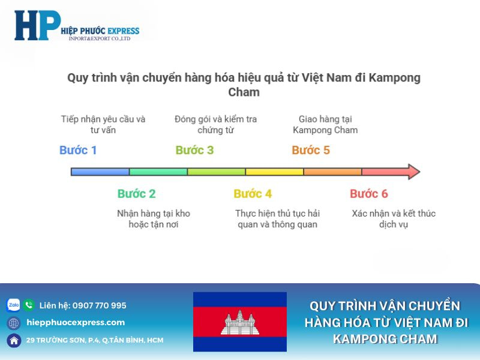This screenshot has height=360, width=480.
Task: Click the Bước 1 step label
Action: point(78,150)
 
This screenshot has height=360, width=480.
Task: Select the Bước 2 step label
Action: point(136,194)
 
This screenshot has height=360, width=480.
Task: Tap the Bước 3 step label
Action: point(194,150)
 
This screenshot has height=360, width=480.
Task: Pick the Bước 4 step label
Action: point(253,194)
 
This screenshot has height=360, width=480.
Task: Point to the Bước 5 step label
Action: point(311,150)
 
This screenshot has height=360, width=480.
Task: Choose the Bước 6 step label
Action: point(369,194)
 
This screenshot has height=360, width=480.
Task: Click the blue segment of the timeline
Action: point(100,172)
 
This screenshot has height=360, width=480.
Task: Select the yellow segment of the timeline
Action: point(274,172)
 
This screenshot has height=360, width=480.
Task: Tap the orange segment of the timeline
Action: point(332,172)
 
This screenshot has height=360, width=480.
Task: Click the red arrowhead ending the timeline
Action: point(413,172)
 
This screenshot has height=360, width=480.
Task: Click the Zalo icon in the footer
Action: point(13,305)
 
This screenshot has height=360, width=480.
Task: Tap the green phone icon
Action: point(29,305)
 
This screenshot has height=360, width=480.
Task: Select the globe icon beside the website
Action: point(13,323)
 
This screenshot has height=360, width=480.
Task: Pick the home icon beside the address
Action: point(13,340)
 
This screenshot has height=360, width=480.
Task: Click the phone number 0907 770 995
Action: point(100,305)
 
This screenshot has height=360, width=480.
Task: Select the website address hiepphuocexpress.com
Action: point(76,323)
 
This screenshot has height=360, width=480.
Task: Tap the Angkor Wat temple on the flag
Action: point(240,322)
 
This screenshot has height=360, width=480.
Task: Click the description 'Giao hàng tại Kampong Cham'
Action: point(325,124)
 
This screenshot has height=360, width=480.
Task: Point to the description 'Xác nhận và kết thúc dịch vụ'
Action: point(394,218)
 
